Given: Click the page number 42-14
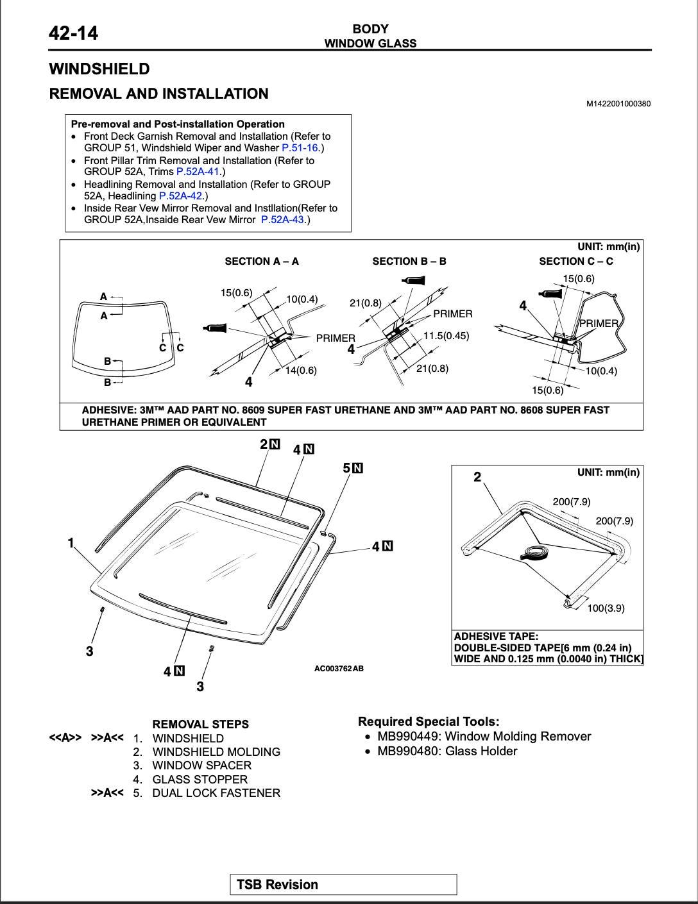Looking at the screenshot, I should (74, 33).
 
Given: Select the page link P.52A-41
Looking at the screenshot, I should (198, 172).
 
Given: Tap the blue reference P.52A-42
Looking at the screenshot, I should (180, 196).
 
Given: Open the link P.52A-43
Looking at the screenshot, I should (282, 220).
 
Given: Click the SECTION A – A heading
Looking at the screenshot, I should (262, 262).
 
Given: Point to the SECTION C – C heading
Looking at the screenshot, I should (575, 262).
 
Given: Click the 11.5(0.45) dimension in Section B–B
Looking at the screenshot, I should (446, 336).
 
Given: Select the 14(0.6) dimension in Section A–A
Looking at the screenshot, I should (301, 371).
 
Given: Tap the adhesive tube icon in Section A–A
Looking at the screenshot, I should (215, 328).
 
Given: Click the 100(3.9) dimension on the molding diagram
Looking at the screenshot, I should (606, 608).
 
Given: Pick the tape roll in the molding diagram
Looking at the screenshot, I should (534, 553).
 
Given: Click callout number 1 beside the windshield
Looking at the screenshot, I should (71, 544).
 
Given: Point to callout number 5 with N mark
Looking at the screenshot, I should (352, 468).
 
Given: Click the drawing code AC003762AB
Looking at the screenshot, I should (339, 669).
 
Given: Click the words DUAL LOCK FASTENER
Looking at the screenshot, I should (216, 793).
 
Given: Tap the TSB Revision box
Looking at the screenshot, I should (343, 885).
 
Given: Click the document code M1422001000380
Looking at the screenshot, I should (618, 104).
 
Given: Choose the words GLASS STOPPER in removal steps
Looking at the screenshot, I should (200, 780).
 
